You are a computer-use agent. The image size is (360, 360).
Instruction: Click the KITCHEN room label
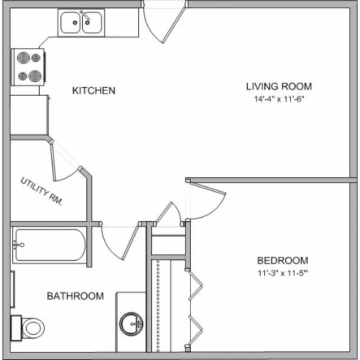click(94, 91)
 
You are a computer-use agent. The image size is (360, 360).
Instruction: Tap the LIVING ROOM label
click(279, 86)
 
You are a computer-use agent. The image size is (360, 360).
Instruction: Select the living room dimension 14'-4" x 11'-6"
click(279, 99)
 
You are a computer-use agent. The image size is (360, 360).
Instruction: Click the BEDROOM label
click(282, 261)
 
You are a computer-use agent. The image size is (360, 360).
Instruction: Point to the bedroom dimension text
click(283, 273)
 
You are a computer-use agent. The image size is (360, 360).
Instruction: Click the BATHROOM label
click(76, 296)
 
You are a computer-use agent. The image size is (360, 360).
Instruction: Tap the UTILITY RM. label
click(42, 192)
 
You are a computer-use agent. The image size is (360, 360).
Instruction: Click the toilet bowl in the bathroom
click(33, 328)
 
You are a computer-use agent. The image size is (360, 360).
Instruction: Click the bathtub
click(50, 245)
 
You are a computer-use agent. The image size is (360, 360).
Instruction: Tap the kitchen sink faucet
click(85, 16)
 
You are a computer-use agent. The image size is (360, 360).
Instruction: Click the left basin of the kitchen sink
click(70, 23)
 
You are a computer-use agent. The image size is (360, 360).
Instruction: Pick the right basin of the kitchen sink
click(92, 23)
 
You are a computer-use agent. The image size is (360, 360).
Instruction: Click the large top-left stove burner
click(24, 58)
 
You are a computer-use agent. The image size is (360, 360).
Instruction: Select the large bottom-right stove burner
click(35, 76)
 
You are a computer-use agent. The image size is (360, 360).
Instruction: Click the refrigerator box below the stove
click(30, 115)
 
